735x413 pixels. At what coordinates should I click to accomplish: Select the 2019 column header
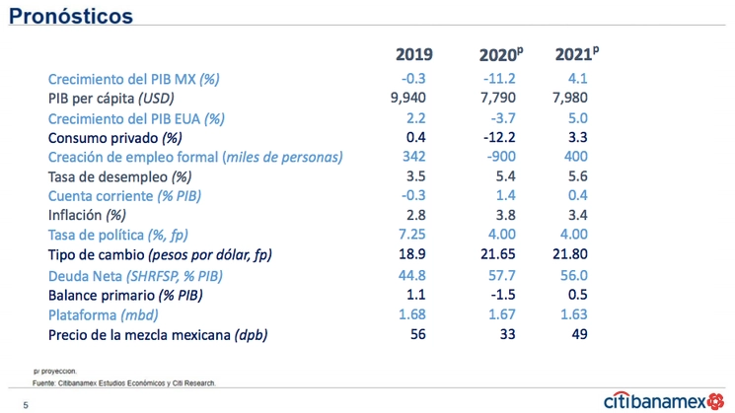point(413,53)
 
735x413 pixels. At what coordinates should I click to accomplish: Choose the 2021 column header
point(575,53)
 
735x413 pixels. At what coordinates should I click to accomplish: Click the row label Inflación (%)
point(88,215)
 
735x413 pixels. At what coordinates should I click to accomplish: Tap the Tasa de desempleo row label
point(120,176)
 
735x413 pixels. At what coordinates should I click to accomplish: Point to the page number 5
point(27,404)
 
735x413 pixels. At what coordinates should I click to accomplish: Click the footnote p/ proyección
point(55,372)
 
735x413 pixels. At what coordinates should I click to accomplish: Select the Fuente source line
point(124,382)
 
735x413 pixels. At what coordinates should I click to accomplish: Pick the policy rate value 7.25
point(413,235)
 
